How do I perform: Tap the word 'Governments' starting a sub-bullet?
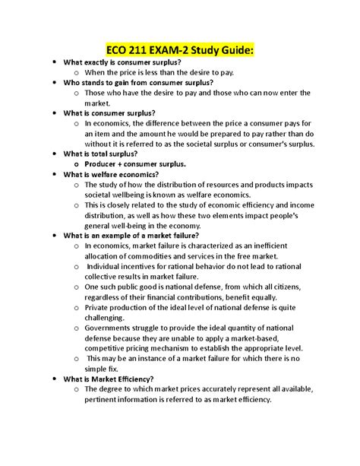click(111, 328)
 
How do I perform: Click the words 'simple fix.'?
click(106, 369)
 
